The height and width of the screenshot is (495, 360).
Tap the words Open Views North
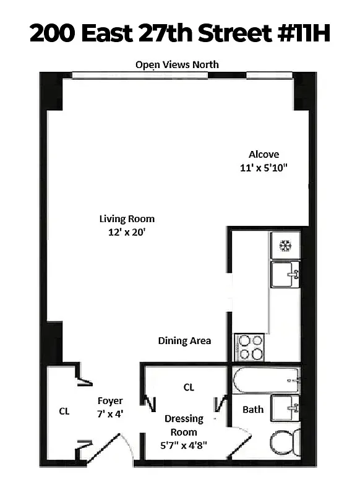(x=177, y=64)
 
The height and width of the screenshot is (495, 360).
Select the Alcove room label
(x=264, y=155)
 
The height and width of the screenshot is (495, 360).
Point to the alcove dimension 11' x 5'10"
(x=264, y=167)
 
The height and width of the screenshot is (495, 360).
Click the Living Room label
(x=127, y=218)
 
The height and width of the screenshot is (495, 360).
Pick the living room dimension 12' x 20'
(x=127, y=232)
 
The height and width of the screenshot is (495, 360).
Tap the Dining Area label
(x=184, y=340)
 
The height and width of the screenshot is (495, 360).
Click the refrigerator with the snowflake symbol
(x=285, y=245)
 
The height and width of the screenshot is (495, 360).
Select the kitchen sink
(x=285, y=274)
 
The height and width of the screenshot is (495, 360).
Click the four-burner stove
(x=249, y=346)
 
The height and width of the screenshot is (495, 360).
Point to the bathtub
(x=265, y=379)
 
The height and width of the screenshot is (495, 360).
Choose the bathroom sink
(x=286, y=409)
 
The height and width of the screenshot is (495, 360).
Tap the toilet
(x=286, y=444)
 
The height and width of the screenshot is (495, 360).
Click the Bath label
(x=252, y=409)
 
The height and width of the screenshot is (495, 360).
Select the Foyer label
(x=110, y=400)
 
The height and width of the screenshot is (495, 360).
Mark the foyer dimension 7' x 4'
(x=110, y=413)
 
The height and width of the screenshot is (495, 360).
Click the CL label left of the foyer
(x=64, y=411)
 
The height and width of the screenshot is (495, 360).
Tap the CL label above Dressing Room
(x=189, y=387)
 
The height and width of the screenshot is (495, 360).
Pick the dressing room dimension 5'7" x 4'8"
(x=184, y=444)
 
